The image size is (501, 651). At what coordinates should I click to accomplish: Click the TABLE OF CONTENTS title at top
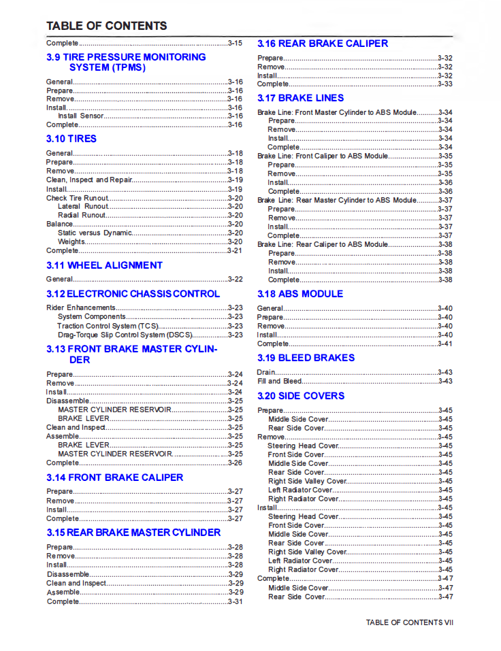[106, 27]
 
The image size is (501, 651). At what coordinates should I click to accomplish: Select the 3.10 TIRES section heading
[71, 139]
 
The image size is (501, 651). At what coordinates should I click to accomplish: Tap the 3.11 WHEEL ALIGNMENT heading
[104, 265]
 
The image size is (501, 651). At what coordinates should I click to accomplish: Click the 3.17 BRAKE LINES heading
[300, 98]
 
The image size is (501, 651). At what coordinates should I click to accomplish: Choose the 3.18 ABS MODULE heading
[300, 294]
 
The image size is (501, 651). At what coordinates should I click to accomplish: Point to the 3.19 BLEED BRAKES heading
[306, 358]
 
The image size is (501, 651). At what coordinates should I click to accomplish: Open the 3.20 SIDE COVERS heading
[301, 396]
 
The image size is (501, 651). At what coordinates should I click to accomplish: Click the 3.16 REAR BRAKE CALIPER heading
[322, 44]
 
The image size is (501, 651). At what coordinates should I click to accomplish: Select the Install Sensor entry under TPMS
[81, 116]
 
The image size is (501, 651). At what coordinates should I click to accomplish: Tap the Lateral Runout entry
[83, 207]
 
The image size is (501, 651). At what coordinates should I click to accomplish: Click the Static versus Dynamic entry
[94, 233]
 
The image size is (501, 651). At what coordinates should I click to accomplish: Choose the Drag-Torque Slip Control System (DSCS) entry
[125, 335]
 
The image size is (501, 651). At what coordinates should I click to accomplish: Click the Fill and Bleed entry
[279, 382]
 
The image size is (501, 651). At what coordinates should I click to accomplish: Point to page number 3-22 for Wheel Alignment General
[235, 280]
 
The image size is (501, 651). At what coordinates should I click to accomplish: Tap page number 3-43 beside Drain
[445, 373]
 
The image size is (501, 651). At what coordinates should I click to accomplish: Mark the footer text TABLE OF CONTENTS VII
[409, 622]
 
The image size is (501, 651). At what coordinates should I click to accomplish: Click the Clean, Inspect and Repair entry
[88, 180]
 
